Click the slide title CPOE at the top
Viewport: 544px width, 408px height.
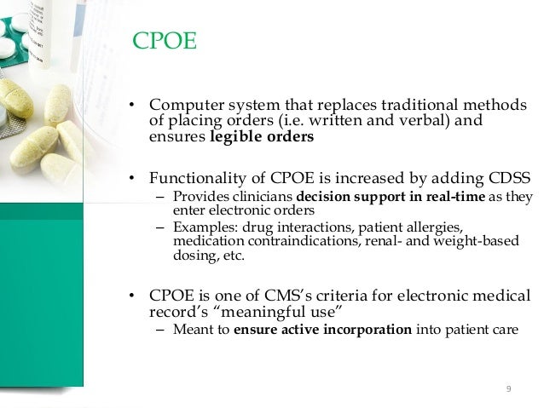(166, 41)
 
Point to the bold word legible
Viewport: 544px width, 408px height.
(237, 138)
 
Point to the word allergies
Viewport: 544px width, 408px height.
(431, 227)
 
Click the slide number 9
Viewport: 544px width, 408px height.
(508, 390)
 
